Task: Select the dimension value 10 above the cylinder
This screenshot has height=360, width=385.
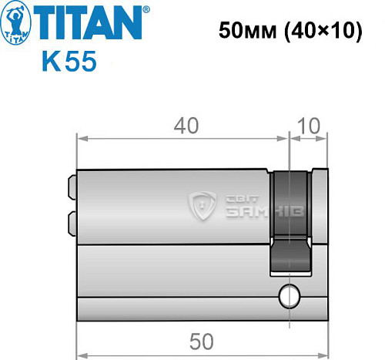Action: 308,124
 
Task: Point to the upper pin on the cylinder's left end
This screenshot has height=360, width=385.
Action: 72,187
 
